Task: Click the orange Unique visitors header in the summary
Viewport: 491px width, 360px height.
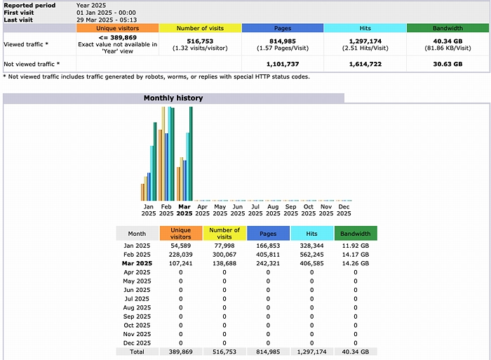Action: [117, 28]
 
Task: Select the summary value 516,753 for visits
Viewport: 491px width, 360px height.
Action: [200, 41]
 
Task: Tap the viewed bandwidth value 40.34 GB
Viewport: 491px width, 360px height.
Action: [448, 41]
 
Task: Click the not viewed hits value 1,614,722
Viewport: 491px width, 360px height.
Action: [365, 64]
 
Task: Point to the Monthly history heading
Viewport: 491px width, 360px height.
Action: [173, 98]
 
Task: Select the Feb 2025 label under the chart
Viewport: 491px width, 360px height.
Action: [166, 210]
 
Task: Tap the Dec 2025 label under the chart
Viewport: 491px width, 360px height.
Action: [344, 210]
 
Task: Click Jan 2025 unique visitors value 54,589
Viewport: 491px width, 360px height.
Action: [180, 246]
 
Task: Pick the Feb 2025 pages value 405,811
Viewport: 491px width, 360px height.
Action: [267, 255]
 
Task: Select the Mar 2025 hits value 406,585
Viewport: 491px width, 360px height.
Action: [312, 264]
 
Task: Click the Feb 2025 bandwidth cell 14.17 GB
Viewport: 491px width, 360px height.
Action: [356, 255]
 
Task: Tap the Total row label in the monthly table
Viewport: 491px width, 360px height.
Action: [137, 352]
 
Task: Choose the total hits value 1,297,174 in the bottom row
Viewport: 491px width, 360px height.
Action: [312, 352]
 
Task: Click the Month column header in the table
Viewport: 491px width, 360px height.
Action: [137, 234]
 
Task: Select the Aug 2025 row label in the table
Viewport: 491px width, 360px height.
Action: [137, 307]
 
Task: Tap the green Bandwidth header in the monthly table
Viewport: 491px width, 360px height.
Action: [356, 234]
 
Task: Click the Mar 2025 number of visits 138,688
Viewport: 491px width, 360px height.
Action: [224, 264]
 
